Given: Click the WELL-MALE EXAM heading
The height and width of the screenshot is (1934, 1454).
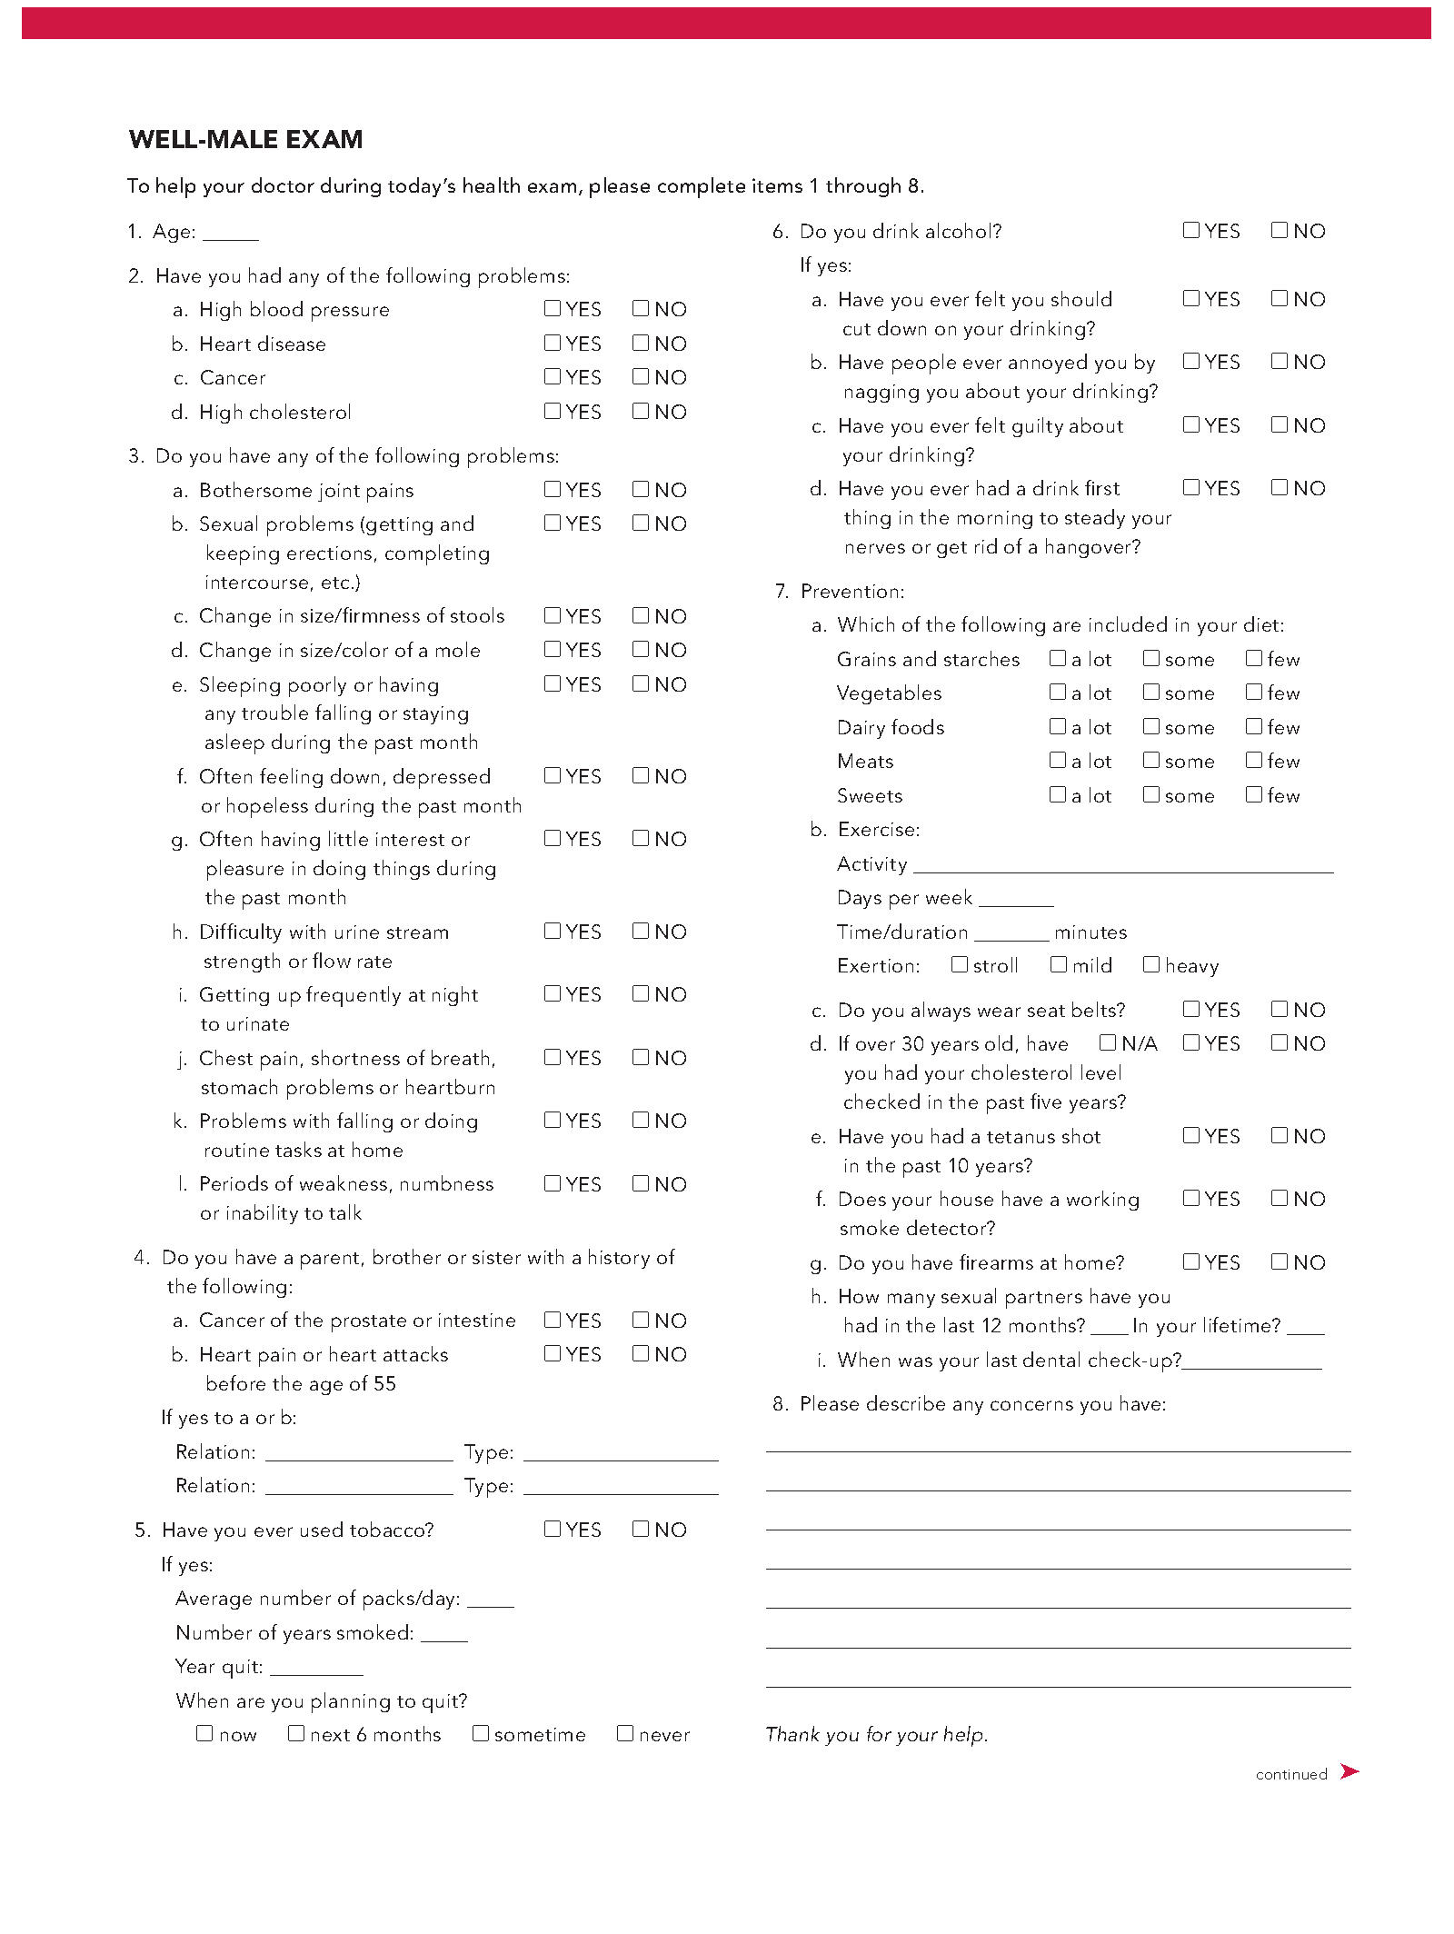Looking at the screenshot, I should [245, 139].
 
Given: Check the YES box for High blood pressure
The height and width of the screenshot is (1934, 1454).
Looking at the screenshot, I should [552, 309].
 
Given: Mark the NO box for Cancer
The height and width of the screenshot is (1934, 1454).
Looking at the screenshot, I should [641, 376].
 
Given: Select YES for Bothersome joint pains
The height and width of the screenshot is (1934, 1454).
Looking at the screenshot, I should [552, 489].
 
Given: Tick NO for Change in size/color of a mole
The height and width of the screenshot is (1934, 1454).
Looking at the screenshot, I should [641, 649].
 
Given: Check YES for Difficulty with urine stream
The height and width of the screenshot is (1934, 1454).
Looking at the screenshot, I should [552, 931].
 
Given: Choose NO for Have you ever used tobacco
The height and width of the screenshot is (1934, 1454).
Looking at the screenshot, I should [641, 1529].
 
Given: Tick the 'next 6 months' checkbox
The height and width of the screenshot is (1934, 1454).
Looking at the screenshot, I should [296, 1733].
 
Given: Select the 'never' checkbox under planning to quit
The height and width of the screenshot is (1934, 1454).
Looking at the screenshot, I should [625, 1733].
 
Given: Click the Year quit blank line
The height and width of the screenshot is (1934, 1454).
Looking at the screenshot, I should [316, 1670].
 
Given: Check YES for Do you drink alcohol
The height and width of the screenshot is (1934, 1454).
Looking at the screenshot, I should [1190, 230].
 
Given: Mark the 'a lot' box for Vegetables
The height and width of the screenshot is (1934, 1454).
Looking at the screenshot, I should [1057, 692].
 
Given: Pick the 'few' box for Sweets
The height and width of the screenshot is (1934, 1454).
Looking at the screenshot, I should [1254, 794].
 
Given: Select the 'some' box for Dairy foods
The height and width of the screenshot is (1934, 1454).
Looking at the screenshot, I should [1151, 726].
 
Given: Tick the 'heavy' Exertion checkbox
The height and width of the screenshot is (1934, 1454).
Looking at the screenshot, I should [1151, 964].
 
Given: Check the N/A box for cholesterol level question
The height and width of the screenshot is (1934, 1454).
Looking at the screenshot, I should [1108, 1042].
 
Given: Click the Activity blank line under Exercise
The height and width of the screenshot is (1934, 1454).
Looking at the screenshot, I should [1123, 866].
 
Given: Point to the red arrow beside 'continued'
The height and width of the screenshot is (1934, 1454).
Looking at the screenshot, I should [1349, 1771].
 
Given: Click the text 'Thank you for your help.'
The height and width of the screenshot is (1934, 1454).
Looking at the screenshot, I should [876, 1734].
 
